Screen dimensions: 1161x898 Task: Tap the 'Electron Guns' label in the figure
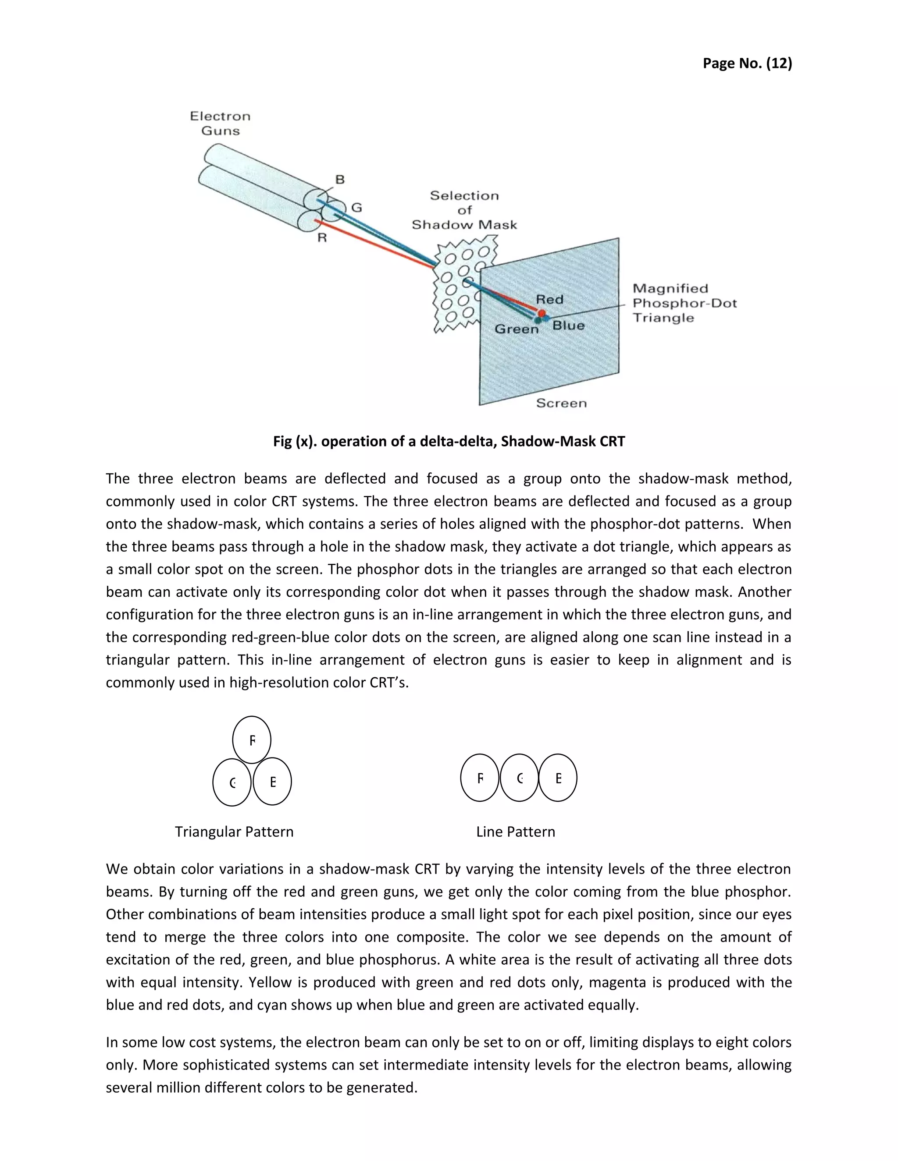220,124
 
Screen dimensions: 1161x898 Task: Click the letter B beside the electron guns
340,180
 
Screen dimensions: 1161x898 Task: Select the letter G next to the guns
356,207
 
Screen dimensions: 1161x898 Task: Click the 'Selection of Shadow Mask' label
464,210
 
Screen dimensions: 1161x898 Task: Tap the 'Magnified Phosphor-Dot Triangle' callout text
684,303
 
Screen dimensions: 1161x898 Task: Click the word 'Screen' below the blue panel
561,403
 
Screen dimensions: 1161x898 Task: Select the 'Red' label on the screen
549,299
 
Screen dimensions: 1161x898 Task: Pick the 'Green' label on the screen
517,329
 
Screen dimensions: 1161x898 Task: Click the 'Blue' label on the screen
569,326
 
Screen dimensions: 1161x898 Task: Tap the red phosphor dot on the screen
542,313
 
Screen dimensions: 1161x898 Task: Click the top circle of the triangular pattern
252,740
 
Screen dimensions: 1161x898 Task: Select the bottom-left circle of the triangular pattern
232,782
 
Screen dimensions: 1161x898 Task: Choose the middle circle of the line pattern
519,778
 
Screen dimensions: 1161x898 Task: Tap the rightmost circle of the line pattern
558,778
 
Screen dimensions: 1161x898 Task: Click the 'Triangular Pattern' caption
234,832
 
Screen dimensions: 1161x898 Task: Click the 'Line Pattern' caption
516,832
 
